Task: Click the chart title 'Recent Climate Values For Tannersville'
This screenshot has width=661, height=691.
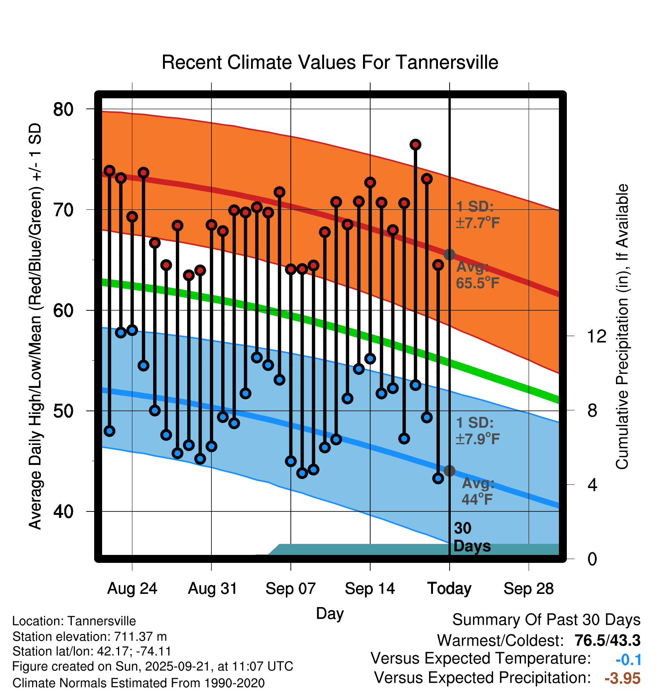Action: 330,62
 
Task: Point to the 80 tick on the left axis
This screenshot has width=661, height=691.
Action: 63,109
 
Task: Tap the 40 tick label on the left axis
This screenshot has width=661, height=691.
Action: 63,511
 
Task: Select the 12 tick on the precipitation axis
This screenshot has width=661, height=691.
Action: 597,336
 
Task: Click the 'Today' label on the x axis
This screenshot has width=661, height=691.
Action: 449,589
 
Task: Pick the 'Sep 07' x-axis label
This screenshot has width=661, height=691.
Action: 290,589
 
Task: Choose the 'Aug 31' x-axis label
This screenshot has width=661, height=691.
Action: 213,589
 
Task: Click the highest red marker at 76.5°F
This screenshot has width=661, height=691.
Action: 415,145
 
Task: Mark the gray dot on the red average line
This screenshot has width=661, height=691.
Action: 449,254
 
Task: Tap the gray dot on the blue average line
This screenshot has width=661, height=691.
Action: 449,471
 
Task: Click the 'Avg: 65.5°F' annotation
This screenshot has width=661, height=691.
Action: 477,275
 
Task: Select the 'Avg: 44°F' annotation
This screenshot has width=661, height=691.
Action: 477,491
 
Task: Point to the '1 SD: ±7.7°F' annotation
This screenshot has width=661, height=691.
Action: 477,215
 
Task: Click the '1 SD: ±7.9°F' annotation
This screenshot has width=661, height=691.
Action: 477,431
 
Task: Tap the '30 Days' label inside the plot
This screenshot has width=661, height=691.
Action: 471,537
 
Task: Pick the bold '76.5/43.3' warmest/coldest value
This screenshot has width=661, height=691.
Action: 607,640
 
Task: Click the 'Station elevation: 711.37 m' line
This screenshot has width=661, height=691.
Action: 90,637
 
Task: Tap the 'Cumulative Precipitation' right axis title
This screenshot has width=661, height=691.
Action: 622,327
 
